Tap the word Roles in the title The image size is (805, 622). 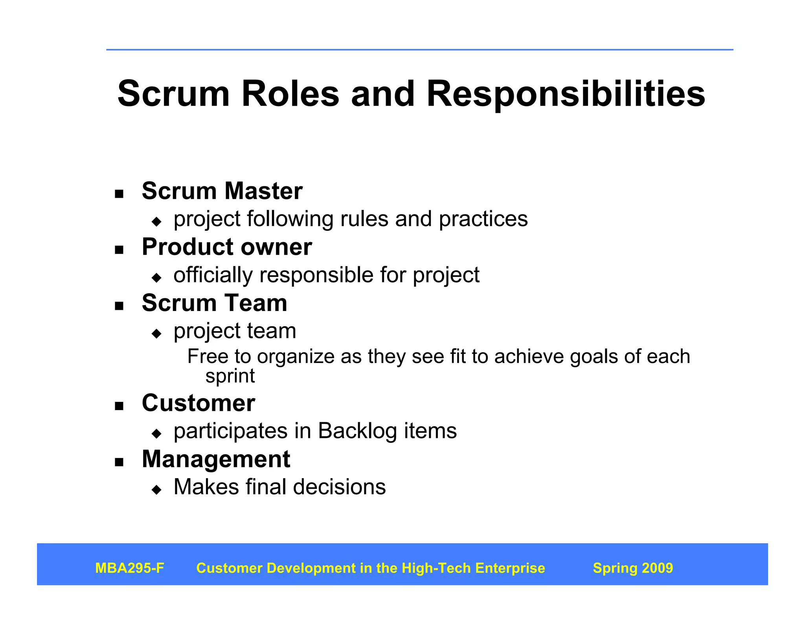290,94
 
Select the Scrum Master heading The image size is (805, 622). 222,191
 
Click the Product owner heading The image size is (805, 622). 227,247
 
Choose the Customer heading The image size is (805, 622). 198,403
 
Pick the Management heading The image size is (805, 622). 216,459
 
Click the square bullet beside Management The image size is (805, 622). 119,462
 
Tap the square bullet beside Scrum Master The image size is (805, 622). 119,194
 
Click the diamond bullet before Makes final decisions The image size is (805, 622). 156,490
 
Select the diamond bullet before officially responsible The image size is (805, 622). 156,278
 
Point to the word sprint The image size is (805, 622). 230,376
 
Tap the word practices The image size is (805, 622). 483,219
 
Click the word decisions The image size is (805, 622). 339,487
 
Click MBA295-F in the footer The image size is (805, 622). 130,568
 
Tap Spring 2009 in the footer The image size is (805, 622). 633,568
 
